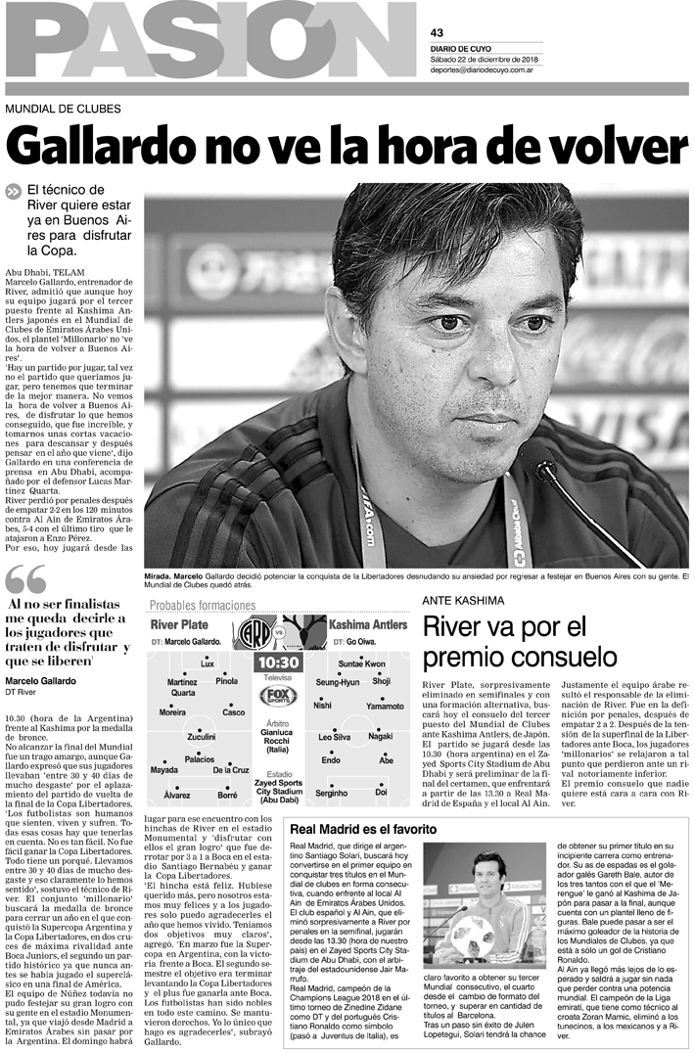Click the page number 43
pyautogui.click(x=437, y=32)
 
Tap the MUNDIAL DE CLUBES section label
pyautogui.click(x=63, y=109)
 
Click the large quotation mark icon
pyautogui.click(x=25, y=580)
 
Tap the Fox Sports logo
pyautogui.click(x=277, y=696)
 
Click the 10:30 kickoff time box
pyautogui.click(x=277, y=663)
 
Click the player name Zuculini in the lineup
pyautogui.click(x=201, y=736)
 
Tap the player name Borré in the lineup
pyautogui.click(x=227, y=796)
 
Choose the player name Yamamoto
pyautogui.click(x=385, y=706)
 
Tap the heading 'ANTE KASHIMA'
pyautogui.click(x=463, y=599)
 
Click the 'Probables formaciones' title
pyautogui.click(x=208, y=606)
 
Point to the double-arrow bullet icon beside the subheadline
pyautogui.click(x=13, y=193)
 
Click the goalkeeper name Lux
pyautogui.click(x=207, y=663)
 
